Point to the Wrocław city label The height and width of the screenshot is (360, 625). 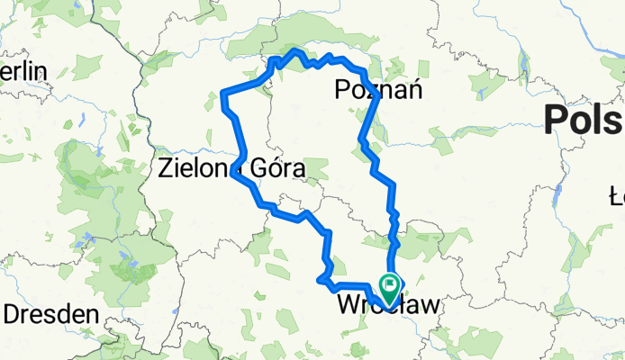click(x=389, y=306)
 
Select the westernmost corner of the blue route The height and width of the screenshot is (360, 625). click(x=224, y=92)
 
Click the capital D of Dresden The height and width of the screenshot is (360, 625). click(x=14, y=315)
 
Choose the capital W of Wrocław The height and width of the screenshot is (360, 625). click(x=348, y=306)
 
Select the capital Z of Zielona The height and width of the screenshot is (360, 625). click(x=167, y=167)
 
